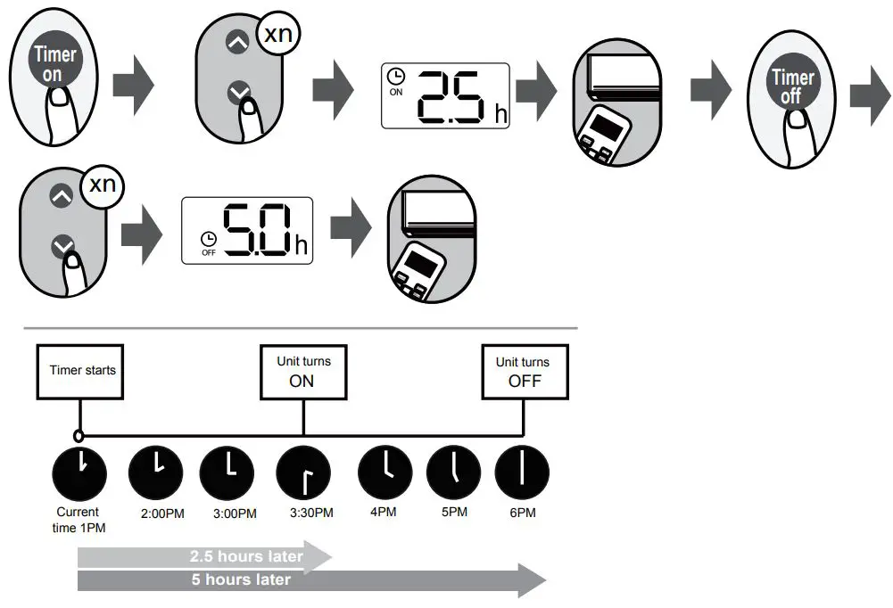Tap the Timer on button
54,63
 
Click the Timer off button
792,86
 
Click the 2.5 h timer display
444,95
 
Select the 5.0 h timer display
247,230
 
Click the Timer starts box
81,370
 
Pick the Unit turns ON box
303,372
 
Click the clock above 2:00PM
156,472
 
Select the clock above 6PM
522,472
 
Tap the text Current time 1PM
78,520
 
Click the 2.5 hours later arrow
204,556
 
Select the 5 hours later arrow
311,580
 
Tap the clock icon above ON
396,77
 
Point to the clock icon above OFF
209,238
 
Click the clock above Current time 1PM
79,472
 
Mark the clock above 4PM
385,472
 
